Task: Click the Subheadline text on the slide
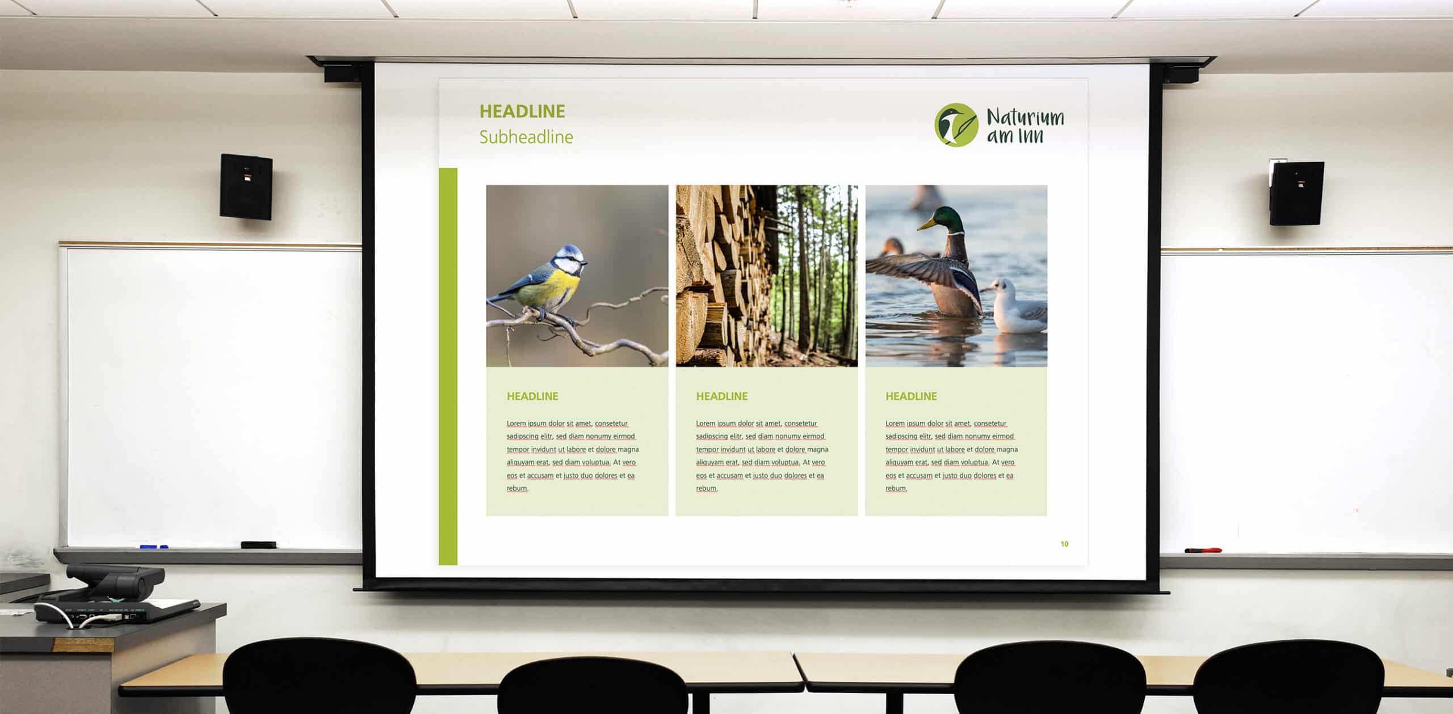coord(526,137)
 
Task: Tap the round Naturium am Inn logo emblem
coord(956,125)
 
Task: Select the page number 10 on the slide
coord(1064,544)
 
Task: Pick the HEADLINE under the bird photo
coord(532,396)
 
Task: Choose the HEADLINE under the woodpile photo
coord(722,396)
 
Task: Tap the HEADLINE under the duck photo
coord(911,396)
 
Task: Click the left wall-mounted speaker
coord(246,187)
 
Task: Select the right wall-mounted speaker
coord(1296,193)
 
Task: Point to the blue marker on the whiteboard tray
coord(154,547)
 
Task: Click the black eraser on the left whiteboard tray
coord(258,545)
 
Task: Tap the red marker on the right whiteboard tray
coord(1203,550)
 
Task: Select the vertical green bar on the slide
coord(448,366)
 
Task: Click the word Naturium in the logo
coord(1025,117)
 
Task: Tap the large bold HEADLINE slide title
coord(522,111)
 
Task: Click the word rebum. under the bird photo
coord(517,488)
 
